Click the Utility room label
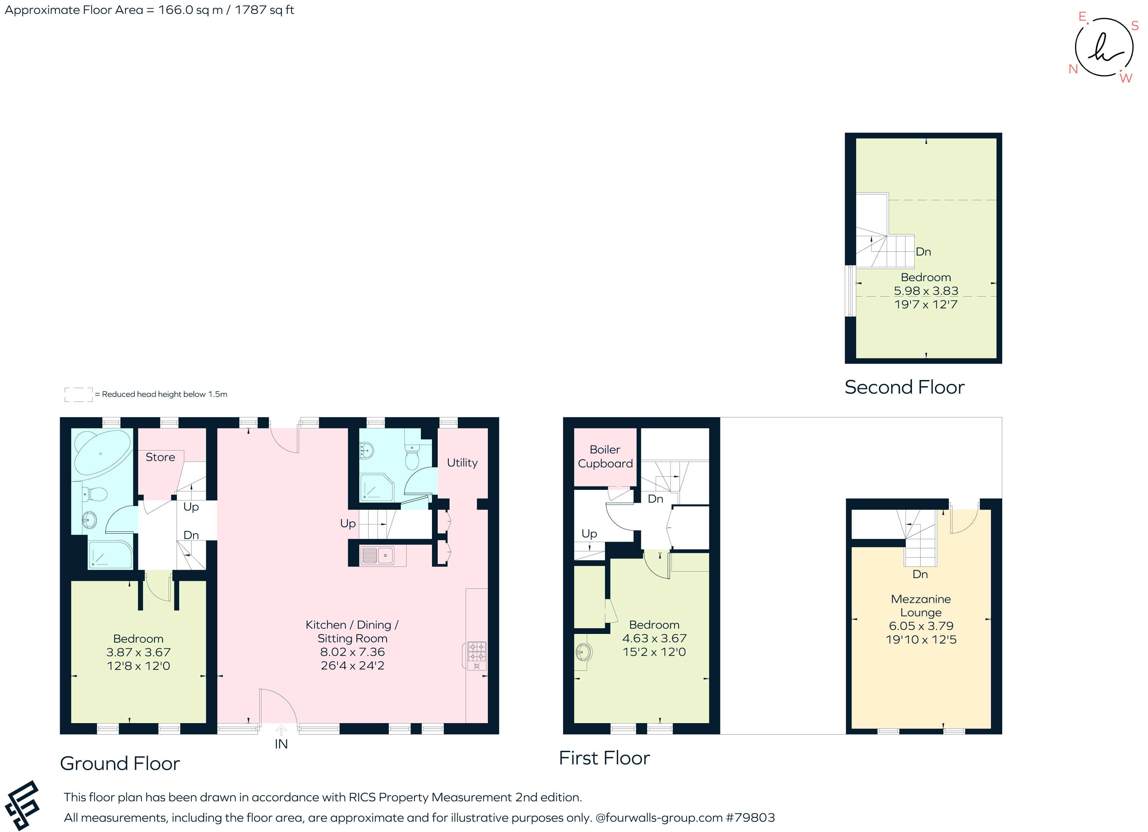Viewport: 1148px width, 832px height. [x=462, y=462]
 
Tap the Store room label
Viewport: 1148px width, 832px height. [x=160, y=457]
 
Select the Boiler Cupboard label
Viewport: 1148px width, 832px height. [x=605, y=457]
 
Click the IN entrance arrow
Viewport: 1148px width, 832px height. [x=281, y=730]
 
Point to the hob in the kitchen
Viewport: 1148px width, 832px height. [x=476, y=655]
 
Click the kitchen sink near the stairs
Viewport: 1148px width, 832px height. [x=377, y=556]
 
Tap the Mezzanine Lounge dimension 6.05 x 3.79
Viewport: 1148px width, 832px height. [x=921, y=626]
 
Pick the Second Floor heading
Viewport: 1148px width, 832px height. [x=904, y=387]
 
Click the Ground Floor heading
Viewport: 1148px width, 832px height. [x=120, y=763]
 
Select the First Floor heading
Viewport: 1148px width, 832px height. [x=604, y=758]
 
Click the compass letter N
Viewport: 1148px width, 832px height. [x=1072, y=69]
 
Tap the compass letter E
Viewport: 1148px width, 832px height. [x=1082, y=17]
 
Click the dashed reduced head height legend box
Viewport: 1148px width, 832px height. [x=78, y=394]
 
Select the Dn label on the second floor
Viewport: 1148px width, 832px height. [x=923, y=251]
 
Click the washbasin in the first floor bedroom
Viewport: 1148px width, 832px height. [x=583, y=652]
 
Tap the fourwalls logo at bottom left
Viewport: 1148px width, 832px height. [x=22, y=805]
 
